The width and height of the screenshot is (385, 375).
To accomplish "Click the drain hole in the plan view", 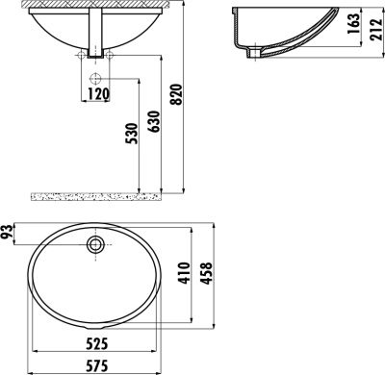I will point(95,244).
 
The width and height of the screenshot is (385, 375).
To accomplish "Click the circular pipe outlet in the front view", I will point(96,76).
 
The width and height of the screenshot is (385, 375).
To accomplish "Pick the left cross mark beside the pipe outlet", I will point(75,57).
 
